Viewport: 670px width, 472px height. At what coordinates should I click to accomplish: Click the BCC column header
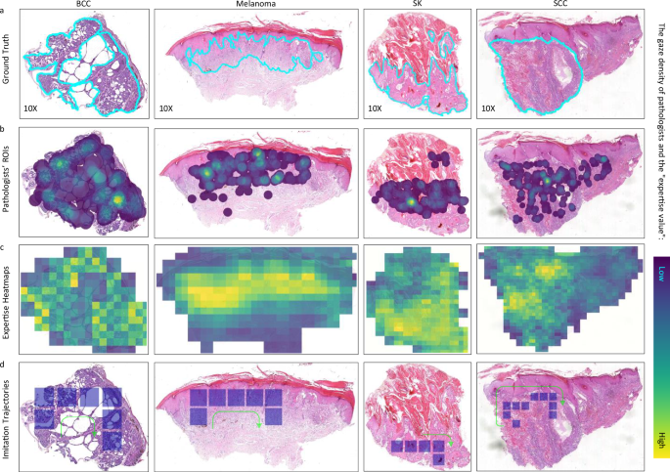coord(84,5)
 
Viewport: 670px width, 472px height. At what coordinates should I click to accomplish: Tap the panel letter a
coord(4,11)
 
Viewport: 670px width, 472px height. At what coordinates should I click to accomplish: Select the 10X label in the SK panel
coord(377,107)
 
